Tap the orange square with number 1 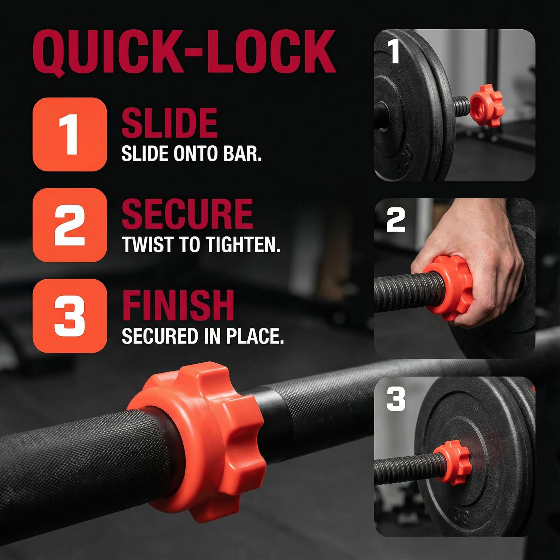click(70, 134)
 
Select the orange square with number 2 click(70, 225)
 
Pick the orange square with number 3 click(70, 316)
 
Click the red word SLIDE click(169, 123)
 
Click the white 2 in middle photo click(396, 220)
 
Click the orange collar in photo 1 click(487, 106)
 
